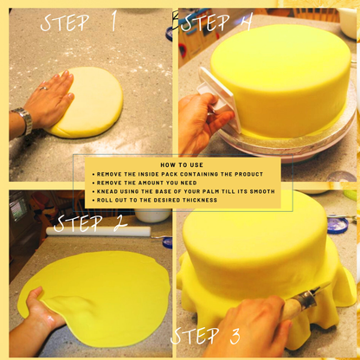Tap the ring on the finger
tap(43, 88)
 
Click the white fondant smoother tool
tap(217, 98)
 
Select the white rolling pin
tap(98, 231)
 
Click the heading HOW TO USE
tap(182, 165)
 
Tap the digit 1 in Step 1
tap(114, 21)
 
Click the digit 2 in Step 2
tap(120, 223)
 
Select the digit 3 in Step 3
tap(235, 336)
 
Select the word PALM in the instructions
tap(212, 191)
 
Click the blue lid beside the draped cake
tap(337, 225)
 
